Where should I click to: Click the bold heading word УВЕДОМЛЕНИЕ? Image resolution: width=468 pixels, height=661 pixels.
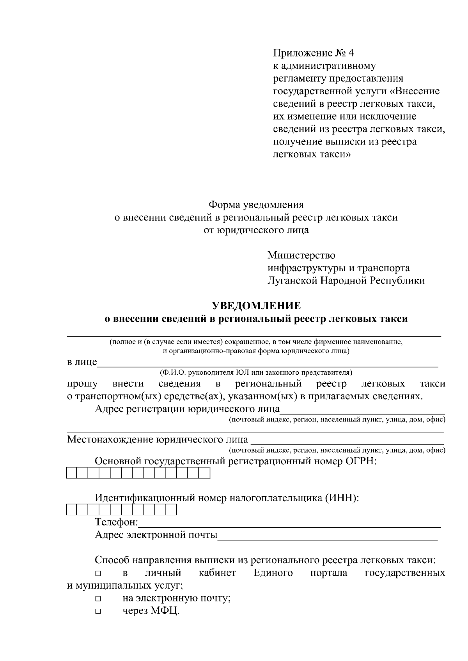[256, 306]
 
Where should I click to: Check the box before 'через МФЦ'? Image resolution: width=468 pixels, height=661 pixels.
[97, 612]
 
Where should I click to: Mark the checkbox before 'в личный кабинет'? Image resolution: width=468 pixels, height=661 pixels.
[97, 574]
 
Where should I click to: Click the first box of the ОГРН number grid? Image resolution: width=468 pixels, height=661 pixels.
[72, 473]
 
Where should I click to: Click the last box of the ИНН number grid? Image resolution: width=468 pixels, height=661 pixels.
[171, 510]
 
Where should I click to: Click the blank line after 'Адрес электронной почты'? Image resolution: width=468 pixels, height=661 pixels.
[328, 539]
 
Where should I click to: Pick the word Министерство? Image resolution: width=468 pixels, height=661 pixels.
[301, 256]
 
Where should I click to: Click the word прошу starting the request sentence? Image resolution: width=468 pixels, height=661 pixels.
[82, 384]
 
